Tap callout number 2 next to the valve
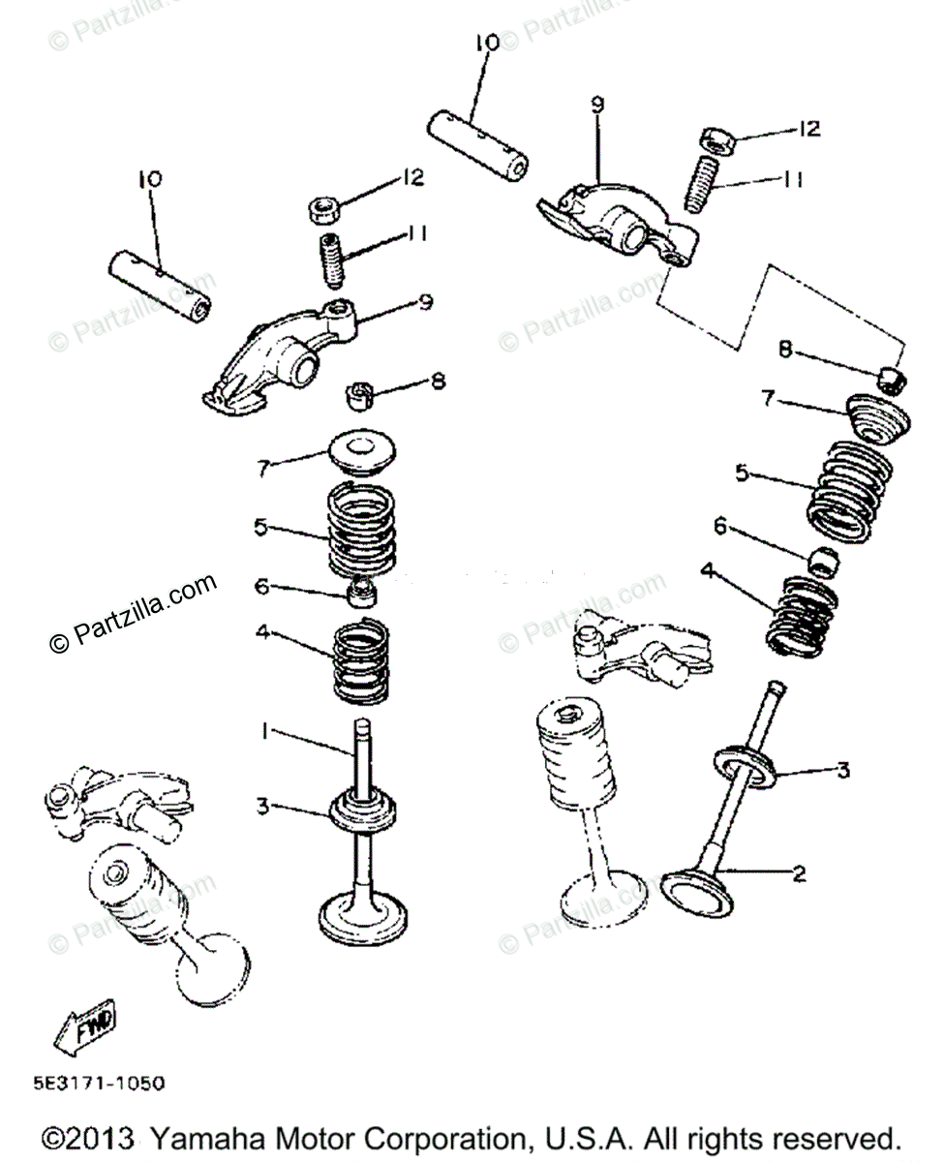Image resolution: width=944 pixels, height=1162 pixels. [x=799, y=873]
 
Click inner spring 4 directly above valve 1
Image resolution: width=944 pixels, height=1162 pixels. [x=361, y=660]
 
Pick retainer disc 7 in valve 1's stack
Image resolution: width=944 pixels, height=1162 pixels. [x=362, y=452]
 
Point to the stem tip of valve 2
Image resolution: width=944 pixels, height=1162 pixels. [x=774, y=688]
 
